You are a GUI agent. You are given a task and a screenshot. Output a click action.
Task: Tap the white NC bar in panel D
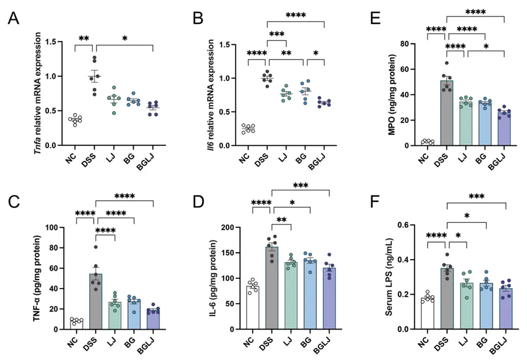click(x=252, y=307)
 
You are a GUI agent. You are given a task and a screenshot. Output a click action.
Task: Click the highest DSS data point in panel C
click(x=95, y=247)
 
